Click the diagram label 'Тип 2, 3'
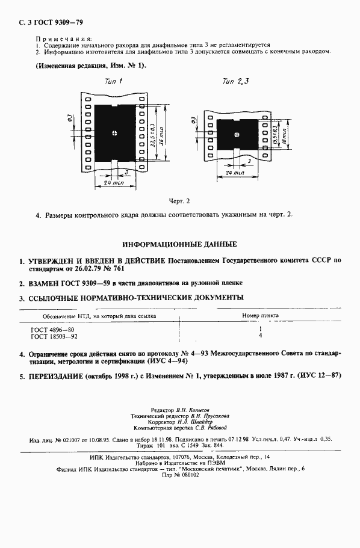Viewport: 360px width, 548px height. pyautogui.click(x=235, y=81)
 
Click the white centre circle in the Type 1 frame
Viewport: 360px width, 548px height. pyautogui.click(x=114, y=132)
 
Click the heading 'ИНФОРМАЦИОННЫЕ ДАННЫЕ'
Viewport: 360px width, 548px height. pyautogui.click(x=179, y=245)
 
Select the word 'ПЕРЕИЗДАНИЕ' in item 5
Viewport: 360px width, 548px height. pyautogui.click(x=58, y=375)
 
